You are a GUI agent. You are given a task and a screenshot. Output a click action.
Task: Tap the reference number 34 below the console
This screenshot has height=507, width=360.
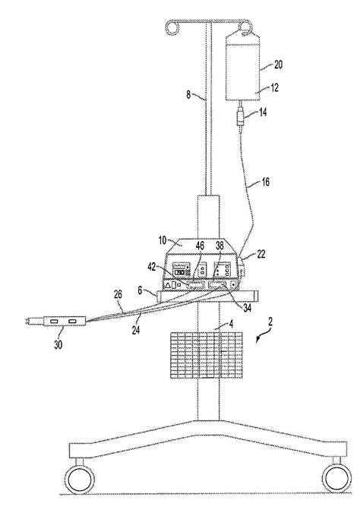tap(248, 307)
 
